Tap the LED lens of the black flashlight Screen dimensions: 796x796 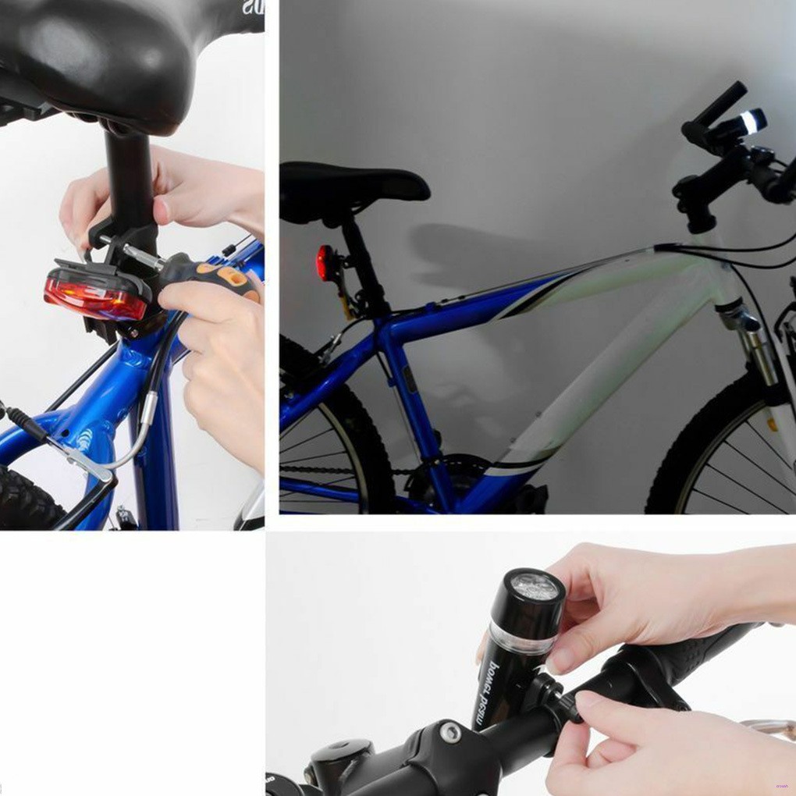(x=535, y=585)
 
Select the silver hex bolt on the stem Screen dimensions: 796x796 (x=450, y=732)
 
